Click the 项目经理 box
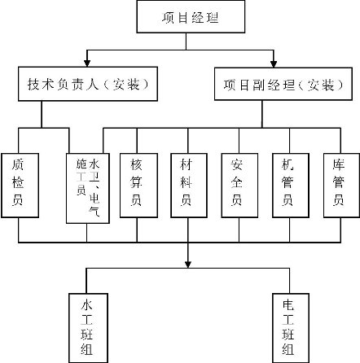pos(191,16)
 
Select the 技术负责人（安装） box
pos(88,84)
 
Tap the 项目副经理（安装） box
pos(283,84)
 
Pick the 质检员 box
pos(20,186)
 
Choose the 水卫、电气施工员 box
pos(88,188)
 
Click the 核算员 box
pos(138,186)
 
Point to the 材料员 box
pos(189,186)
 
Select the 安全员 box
pos(239,186)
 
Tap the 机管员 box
pos(291,186)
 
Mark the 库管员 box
pos(341,186)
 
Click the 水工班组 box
pos(88,328)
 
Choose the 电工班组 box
pos(291,328)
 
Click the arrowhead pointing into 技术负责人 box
pos(87,63)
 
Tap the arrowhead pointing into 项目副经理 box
pos(274,63)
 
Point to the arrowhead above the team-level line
pos(188,265)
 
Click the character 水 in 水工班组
pos(86,304)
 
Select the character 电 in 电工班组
pos(288,305)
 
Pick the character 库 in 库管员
pos(339,164)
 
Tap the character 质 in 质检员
pos(18,164)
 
